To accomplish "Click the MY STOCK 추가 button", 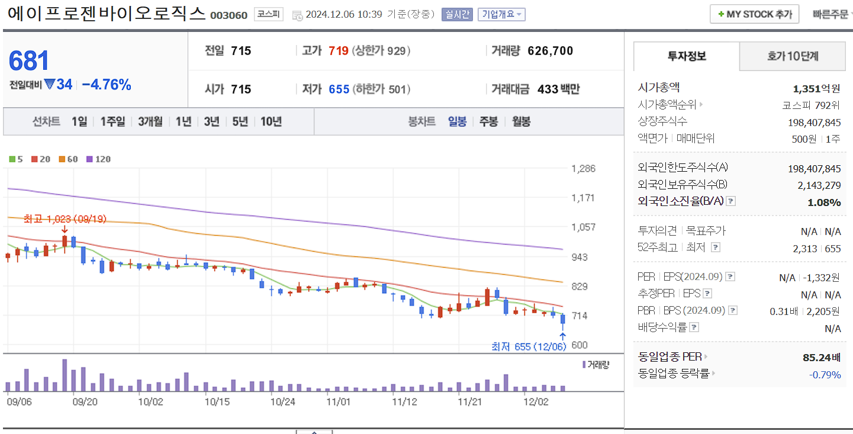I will click(x=754, y=14).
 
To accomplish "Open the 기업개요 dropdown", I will click(x=501, y=14).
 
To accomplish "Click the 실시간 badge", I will click(x=457, y=14).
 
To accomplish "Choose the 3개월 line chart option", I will click(x=150, y=121).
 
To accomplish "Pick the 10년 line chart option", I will click(x=271, y=121).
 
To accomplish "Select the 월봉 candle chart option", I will click(x=521, y=121).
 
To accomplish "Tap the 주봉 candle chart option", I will click(x=488, y=121).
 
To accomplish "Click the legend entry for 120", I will click(x=99, y=159).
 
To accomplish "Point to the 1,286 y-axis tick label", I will click(x=583, y=169).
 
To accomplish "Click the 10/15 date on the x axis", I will click(x=217, y=401).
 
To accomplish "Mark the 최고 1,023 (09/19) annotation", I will click(x=65, y=219).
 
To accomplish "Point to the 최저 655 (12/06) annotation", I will click(x=529, y=346).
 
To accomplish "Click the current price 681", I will click(x=29, y=61).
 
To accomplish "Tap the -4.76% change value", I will click(x=107, y=85).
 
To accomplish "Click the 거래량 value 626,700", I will click(x=550, y=51).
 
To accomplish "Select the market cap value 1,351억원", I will click(x=816, y=89).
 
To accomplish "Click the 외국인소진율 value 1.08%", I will click(x=824, y=202).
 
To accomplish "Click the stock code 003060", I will click(x=229, y=15).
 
